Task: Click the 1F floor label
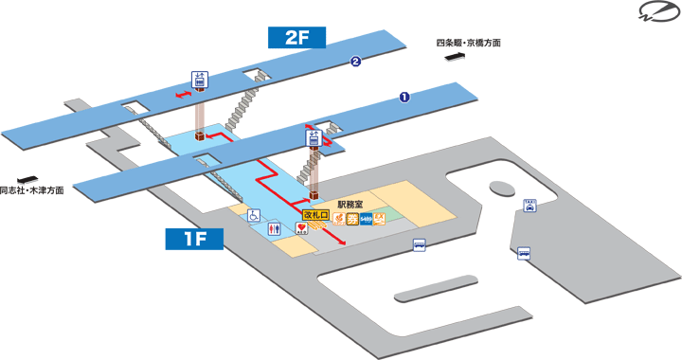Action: tap(193, 240)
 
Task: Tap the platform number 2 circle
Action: tap(355, 63)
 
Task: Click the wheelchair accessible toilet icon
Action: tap(254, 216)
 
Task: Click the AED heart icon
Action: tap(300, 230)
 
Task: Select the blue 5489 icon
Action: tap(366, 220)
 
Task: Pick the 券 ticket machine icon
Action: tap(351, 220)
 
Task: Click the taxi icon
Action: tap(529, 205)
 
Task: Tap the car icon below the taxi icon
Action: tap(523, 253)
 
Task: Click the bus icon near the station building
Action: tap(419, 245)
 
